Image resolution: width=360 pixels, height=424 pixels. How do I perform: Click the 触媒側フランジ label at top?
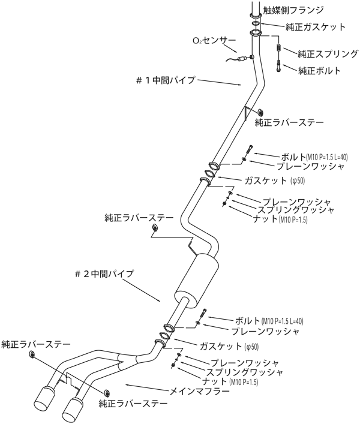click(x=293, y=10)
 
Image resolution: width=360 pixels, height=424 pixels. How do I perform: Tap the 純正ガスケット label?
click(x=316, y=27)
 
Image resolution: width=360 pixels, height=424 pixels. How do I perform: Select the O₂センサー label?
click(x=214, y=41)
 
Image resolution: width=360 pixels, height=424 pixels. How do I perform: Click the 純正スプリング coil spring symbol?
click(x=279, y=48)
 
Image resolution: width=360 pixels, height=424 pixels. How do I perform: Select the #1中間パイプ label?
click(x=166, y=80)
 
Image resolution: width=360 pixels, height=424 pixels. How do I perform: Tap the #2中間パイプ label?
click(x=104, y=274)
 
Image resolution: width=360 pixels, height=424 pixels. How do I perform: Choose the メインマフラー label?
click(x=199, y=391)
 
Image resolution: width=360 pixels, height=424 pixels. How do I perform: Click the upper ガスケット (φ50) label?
click(x=274, y=181)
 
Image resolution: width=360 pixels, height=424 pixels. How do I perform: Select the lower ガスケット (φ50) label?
click(x=229, y=347)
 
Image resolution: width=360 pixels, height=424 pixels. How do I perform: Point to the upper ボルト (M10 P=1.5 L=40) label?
click(x=314, y=157)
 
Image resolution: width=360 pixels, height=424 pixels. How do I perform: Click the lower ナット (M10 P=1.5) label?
click(x=230, y=381)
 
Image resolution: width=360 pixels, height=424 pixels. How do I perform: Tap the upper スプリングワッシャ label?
click(x=296, y=210)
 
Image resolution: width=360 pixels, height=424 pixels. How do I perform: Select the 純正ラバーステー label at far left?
click(x=36, y=344)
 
